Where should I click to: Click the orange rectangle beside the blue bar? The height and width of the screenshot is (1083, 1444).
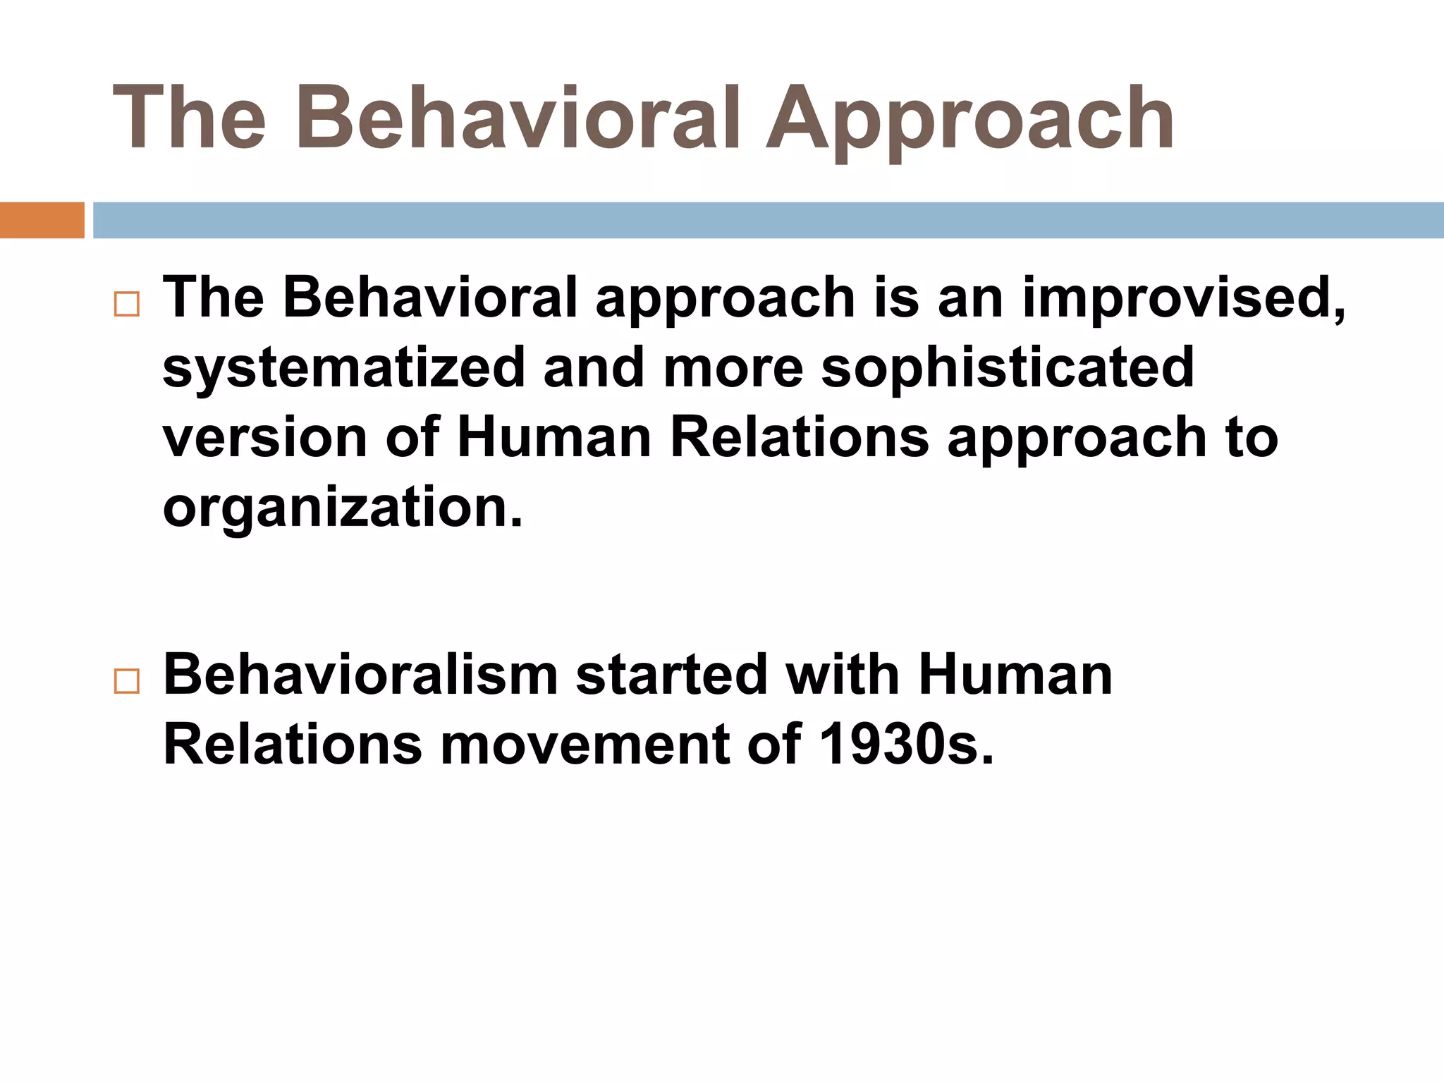click(x=42, y=220)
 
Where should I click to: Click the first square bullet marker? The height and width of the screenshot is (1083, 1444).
click(x=126, y=305)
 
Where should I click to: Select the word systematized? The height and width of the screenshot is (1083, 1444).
click(x=344, y=368)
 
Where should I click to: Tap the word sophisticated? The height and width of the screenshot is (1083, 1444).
click(x=1008, y=368)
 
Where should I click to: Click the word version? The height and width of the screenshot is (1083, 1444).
click(x=266, y=437)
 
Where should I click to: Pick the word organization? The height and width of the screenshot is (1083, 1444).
click(x=343, y=508)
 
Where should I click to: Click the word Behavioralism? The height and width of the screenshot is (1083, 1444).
click(x=360, y=675)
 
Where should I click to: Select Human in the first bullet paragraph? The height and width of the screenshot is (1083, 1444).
click(x=554, y=437)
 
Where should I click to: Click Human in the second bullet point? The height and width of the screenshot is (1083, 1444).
click(x=1015, y=675)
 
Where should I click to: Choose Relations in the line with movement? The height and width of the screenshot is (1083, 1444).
click(x=292, y=745)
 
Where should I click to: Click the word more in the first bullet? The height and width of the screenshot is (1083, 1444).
click(x=733, y=368)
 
